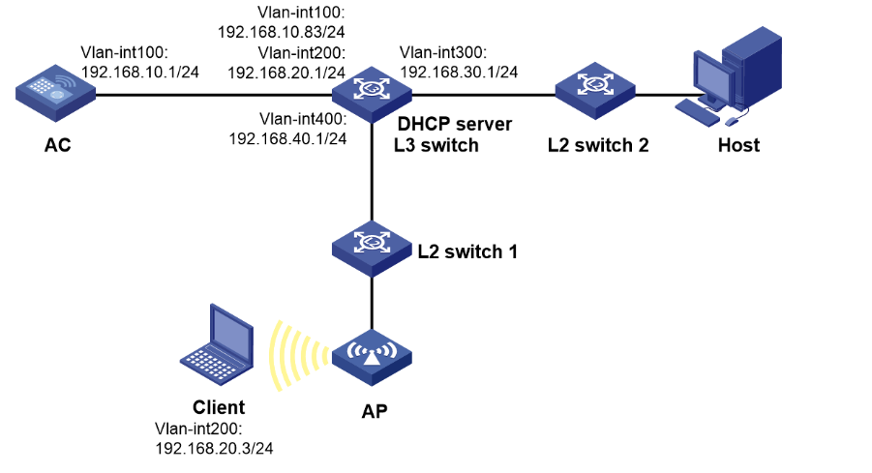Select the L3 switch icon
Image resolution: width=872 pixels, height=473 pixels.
pyautogui.click(x=372, y=94)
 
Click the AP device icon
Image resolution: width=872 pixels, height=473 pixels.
pyautogui.click(x=372, y=361)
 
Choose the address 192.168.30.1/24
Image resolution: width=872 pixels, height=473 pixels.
pyautogui.click(x=459, y=72)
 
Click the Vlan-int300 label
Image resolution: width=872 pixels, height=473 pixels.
pyautogui.click(x=443, y=53)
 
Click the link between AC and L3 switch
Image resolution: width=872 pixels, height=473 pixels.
pyautogui.click(x=213, y=95)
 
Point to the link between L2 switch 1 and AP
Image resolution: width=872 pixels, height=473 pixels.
pyautogui.click(x=372, y=305)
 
